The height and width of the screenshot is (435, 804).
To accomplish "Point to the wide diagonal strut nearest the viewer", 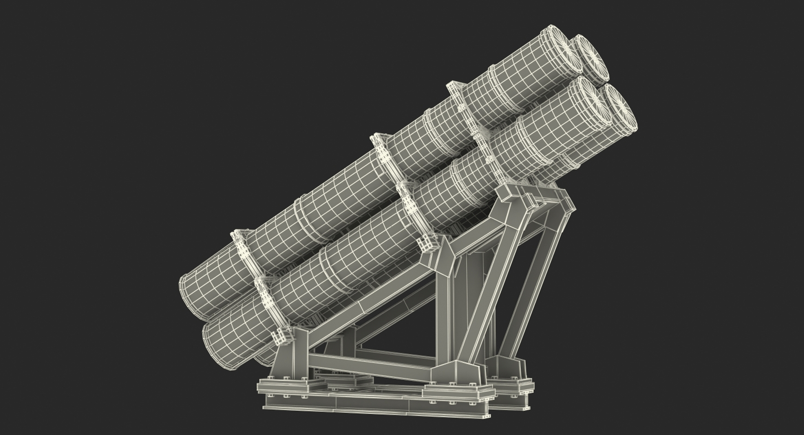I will click(x=482, y=289).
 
